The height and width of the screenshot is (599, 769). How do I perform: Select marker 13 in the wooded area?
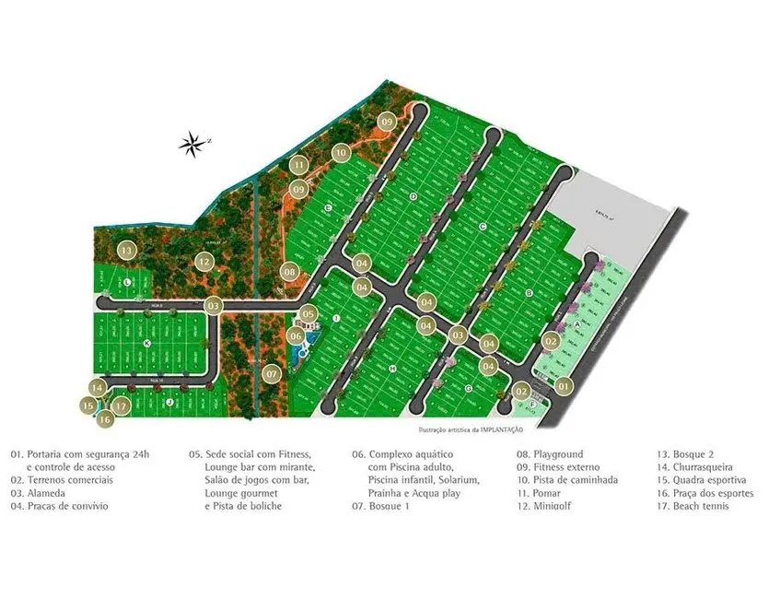(x=126, y=250)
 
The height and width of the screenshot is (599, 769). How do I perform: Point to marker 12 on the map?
(x=204, y=262)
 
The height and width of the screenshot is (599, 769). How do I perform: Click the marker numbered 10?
(x=341, y=152)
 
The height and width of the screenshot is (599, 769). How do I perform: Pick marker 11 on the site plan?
(x=298, y=167)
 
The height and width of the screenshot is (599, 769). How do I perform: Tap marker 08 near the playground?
(x=289, y=272)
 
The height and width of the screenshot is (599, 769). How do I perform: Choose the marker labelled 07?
(x=271, y=374)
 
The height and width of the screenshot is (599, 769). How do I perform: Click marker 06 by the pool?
(x=296, y=336)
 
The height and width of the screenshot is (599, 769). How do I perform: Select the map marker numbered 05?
(x=309, y=314)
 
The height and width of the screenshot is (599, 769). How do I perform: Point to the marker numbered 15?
(x=88, y=405)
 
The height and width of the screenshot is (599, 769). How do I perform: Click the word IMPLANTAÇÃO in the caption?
(x=497, y=429)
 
